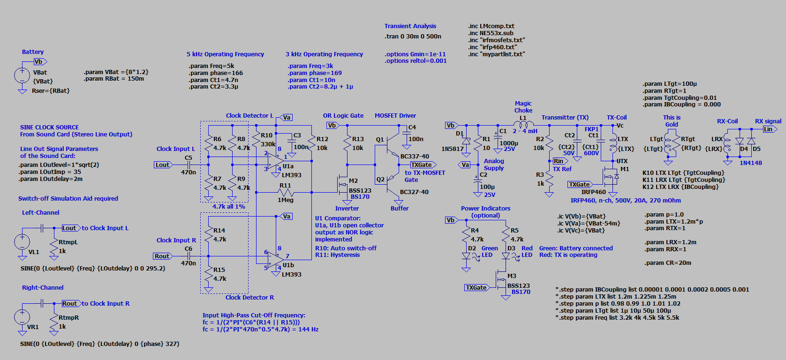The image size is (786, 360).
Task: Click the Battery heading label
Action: [x=33, y=52]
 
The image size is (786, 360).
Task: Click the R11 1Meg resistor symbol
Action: [x=285, y=192]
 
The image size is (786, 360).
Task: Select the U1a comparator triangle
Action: [x=276, y=161]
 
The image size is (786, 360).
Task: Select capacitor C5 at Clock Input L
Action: [x=189, y=165]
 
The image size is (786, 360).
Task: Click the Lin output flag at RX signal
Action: [x=769, y=129]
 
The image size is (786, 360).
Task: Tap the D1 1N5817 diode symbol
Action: [x=466, y=141]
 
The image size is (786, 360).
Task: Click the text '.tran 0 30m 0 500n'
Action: [x=413, y=37]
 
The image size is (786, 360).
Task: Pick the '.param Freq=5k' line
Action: [x=212, y=66]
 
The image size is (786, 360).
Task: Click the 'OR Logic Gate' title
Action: [x=343, y=116]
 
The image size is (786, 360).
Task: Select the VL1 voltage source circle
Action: [x=22, y=242]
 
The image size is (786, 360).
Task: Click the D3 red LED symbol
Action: [x=506, y=256]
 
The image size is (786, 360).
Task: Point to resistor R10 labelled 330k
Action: [x=256, y=140]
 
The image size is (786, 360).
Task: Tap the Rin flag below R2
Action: [x=559, y=161]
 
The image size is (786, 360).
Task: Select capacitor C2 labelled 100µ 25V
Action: [x=478, y=180]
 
